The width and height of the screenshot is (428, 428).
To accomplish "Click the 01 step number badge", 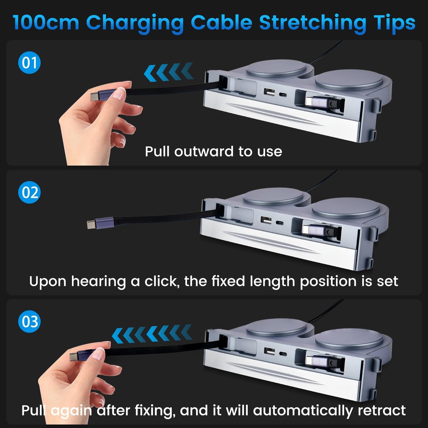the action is click(29, 63).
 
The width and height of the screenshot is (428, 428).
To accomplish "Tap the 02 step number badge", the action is click(29, 192).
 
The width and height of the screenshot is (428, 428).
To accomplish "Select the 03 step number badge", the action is click(29, 321).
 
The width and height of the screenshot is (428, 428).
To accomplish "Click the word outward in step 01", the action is click(204, 151).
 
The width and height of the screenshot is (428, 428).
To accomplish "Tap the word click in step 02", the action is click(162, 281).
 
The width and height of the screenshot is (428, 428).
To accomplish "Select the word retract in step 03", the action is click(381, 411).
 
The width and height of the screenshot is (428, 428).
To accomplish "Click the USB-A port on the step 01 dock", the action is click(269, 92).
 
